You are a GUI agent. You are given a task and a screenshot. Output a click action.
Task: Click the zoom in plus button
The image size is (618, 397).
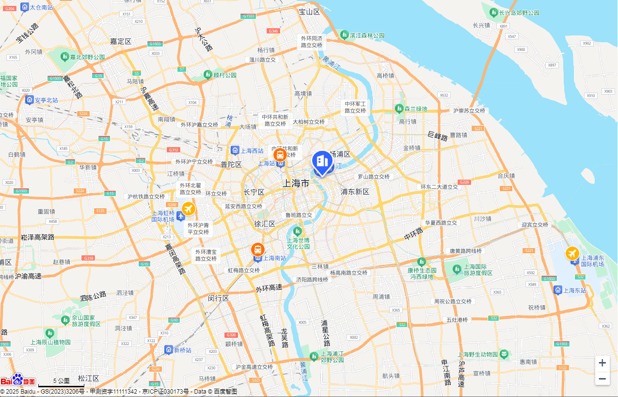point(602,363)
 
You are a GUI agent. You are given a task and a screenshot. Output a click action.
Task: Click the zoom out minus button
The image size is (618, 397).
point(602,379)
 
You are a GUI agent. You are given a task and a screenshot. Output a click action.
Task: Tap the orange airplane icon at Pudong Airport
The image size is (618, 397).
point(572,253)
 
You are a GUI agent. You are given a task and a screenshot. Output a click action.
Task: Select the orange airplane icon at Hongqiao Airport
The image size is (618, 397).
point(189,209)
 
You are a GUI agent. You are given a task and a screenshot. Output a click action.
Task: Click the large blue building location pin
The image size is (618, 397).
point(322,162)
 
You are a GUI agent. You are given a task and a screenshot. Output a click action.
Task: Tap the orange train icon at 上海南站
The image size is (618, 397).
point(257,249)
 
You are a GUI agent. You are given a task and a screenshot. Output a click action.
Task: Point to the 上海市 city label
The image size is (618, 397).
point(296,183)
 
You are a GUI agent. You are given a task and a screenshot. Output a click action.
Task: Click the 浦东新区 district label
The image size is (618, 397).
point(355,192)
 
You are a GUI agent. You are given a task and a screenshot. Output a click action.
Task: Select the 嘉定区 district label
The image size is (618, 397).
point(121,41)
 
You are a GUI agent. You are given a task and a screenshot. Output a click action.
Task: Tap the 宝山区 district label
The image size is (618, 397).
point(309,12)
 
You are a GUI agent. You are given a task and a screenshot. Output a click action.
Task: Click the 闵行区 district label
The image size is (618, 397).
point(218,298)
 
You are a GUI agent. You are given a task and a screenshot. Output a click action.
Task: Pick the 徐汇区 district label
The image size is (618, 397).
point(265,224)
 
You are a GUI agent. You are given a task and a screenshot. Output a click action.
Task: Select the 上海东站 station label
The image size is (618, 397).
point(574,290)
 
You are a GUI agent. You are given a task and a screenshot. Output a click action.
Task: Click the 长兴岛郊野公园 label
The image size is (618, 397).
point(519,13)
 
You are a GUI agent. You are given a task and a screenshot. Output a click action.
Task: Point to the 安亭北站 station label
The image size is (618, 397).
point(46,100)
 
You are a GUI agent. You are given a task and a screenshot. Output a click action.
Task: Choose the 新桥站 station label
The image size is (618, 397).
point(183,350)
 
